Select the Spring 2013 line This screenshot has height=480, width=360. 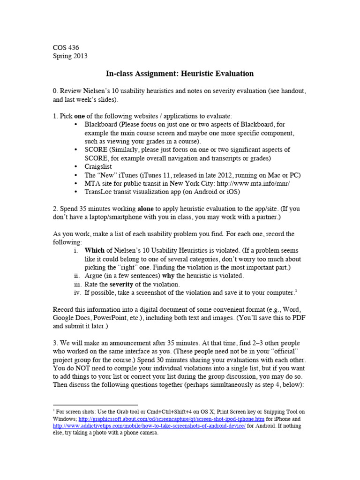tap(70, 56)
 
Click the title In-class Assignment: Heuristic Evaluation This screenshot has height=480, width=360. tap(180, 74)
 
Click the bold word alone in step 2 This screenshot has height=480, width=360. tap(146, 208)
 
